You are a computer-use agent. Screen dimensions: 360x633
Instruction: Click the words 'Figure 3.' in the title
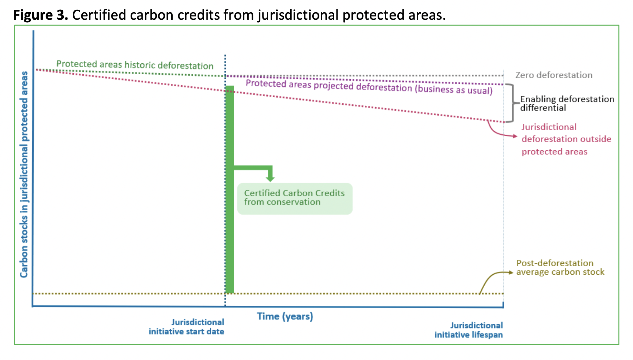pyautogui.click(x=41, y=15)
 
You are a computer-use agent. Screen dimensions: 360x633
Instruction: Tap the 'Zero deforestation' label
pyautogui.click(x=553, y=75)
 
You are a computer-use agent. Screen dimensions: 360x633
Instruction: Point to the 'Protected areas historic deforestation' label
pyautogui.click(x=135, y=65)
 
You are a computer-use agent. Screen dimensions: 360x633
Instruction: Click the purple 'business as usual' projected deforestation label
pyautogui.click(x=369, y=87)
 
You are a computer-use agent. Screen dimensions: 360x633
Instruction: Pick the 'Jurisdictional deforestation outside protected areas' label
pyautogui.click(x=566, y=139)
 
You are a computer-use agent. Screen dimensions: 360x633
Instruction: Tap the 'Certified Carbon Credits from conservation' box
pyautogui.click(x=295, y=198)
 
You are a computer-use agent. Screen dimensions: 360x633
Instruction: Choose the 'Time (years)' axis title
pyautogui.click(x=285, y=316)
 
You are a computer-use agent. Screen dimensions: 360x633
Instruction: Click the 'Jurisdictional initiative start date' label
pyautogui.click(x=187, y=327)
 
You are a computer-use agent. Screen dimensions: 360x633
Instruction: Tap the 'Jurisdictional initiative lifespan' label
pyautogui.click(x=468, y=330)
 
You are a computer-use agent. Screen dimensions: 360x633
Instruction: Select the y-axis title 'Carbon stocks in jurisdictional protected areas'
pyautogui.click(x=24, y=175)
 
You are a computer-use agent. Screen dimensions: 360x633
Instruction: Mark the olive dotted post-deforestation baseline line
pyautogui.click(x=356, y=293)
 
